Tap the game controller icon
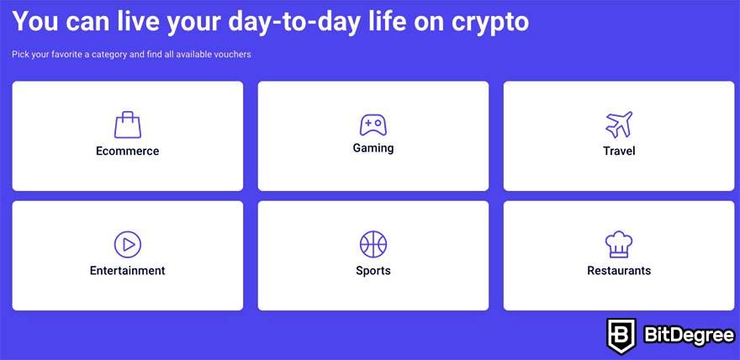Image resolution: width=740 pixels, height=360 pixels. [x=373, y=125]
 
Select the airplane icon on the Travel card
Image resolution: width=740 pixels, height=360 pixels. [x=619, y=124]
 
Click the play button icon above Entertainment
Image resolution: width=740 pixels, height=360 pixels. [x=128, y=245]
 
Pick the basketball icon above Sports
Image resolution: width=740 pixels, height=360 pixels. [x=373, y=245]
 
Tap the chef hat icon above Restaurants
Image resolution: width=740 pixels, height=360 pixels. [x=619, y=245]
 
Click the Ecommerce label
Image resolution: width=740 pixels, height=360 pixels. [x=128, y=151]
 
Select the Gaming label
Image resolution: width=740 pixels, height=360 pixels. [x=373, y=148]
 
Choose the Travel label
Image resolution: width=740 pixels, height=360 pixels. [x=619, y=151]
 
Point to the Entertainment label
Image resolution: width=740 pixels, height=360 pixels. [x=128, y=271]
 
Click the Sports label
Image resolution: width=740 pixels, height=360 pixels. [x=373, y=271]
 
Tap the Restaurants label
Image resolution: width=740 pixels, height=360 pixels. [x=619, y=271]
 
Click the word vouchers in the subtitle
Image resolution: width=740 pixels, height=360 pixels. [x=233, y=55]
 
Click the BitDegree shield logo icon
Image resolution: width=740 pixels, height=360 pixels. [x=621, y=336]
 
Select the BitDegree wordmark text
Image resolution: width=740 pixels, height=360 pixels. [x=690, y=336]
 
